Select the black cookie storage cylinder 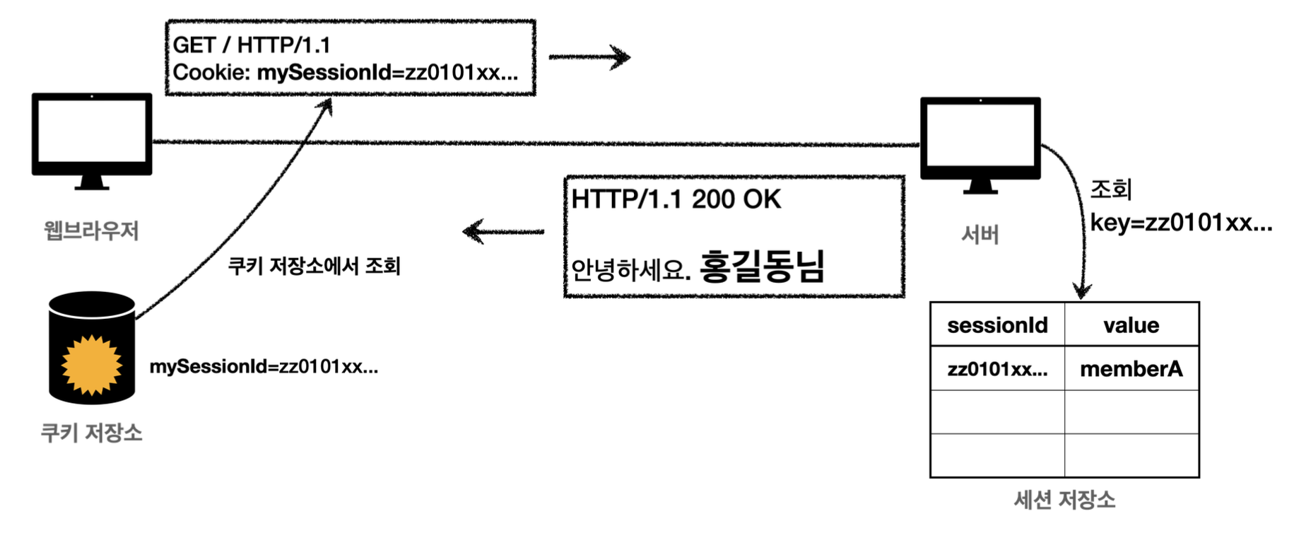92,346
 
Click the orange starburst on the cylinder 91,365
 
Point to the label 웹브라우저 91,230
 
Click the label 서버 980,235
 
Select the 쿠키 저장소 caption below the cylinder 92,433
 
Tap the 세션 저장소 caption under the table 1064,500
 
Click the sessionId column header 997,325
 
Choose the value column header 1131,325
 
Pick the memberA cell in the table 1131,368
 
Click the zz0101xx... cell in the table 997,369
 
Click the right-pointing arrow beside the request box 590,57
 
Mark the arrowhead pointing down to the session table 1082,290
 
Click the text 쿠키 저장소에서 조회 314,266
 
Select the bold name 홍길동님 762,267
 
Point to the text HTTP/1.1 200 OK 676,200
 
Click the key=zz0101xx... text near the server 1180,223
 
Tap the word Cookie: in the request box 211,73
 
